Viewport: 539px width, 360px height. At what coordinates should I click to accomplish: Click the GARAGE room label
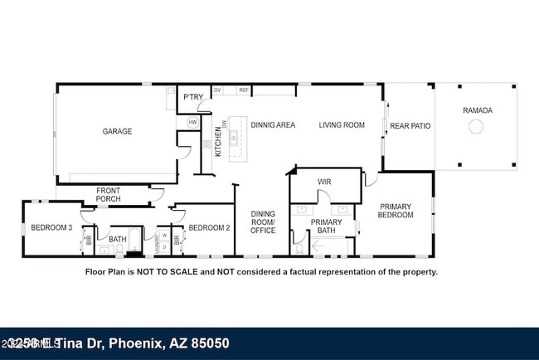click(117, 131)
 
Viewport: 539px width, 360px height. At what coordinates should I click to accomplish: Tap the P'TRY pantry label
click(193, 98)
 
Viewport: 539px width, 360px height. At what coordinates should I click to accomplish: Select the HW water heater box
click(192, 122)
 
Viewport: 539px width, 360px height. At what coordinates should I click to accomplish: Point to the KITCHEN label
click(218, 141)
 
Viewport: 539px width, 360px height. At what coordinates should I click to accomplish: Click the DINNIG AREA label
click(273, 125)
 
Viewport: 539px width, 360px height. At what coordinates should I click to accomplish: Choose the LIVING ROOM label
click(342, 125)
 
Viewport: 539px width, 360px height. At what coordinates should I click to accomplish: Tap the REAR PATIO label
click(410, 126)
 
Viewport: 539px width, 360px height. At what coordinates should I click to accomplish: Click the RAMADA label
click(477, 110)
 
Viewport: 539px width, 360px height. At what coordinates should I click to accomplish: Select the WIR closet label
click(324, 181)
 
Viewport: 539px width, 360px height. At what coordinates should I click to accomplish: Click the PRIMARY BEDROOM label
click(396, 211)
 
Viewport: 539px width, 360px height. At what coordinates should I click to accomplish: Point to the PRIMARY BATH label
click(326, 226)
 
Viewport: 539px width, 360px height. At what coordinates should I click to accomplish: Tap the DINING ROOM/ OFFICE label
click(263, 221)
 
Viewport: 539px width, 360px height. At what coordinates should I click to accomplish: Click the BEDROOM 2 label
click(209, 227)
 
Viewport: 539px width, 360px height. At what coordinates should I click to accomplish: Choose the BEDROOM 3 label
click(51, 227)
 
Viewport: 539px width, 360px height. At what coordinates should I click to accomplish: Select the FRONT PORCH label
click(108, 195)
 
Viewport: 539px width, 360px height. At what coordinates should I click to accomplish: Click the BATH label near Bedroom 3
click(118, 239)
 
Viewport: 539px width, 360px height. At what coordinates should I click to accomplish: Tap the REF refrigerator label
click(244, 90)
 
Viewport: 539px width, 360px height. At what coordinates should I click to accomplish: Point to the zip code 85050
click(206, 343)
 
